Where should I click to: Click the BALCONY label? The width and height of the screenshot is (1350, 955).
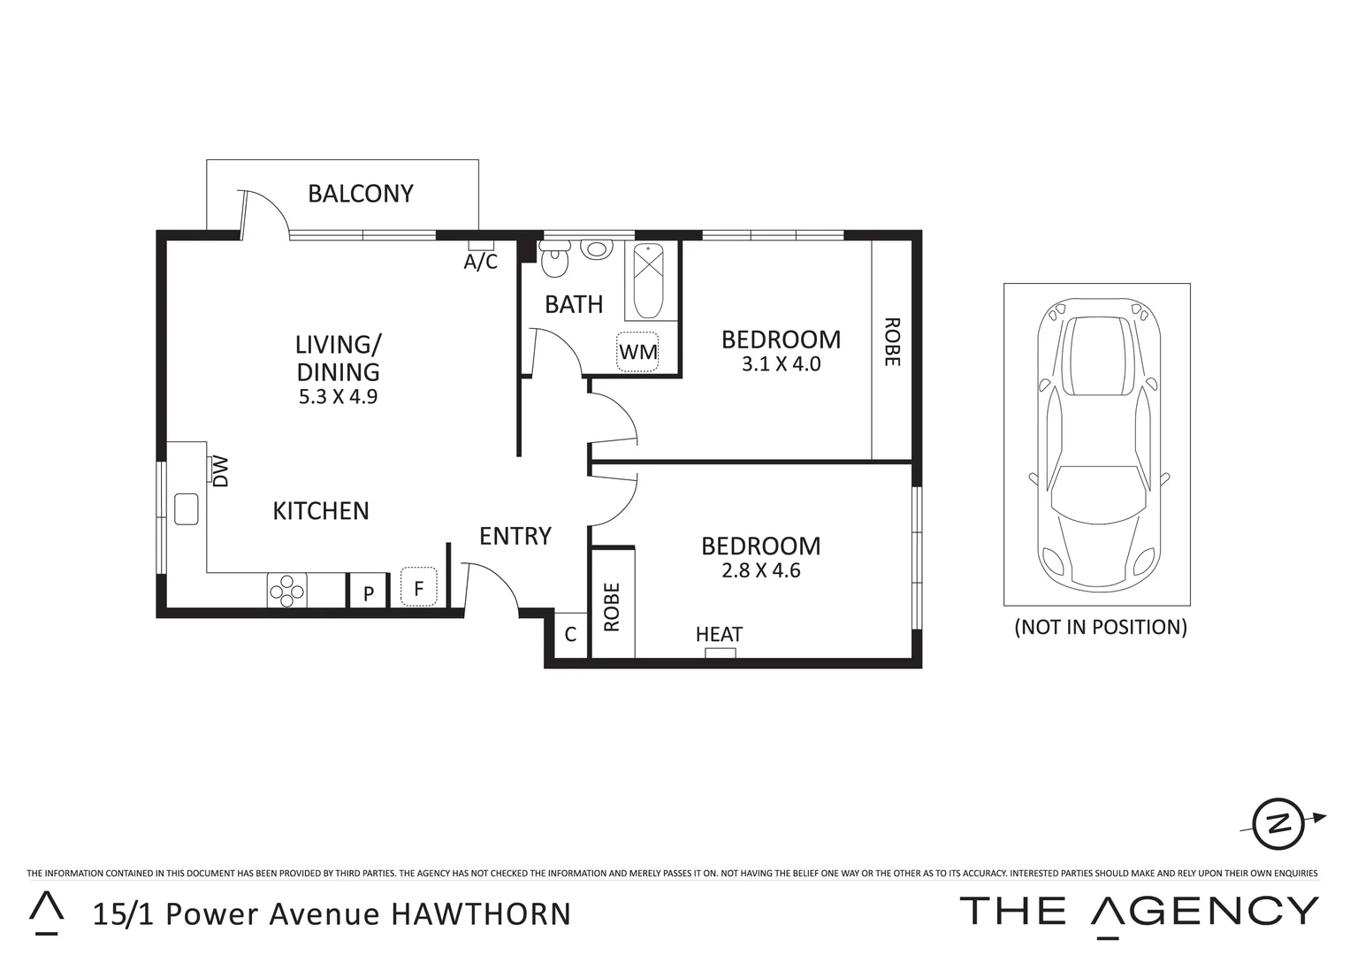click(360, 194)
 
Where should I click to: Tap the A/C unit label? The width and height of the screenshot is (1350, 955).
click(481, 262)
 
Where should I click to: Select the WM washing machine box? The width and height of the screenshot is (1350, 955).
click(638, 352)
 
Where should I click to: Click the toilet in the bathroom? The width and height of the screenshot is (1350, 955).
click(555, 260)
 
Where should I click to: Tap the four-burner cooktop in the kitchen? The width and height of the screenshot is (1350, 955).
click(287, 591)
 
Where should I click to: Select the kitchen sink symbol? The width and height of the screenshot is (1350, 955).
click(187, 508)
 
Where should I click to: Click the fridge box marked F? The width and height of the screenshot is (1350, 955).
click(419, 587)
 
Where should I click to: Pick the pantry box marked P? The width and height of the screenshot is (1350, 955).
click(369, 593)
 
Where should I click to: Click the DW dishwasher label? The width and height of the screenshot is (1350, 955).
click(221, 470)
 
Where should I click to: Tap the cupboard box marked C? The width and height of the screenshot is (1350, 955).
click(570, 634)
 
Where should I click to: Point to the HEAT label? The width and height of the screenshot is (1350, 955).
click(719, 634)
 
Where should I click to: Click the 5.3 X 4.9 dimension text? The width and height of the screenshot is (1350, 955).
click(338, 397)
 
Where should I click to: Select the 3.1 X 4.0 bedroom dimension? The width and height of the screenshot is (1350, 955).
click(781, 364)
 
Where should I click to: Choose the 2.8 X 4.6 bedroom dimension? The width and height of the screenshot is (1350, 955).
click(760, 571)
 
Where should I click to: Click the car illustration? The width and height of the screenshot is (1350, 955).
click(1097, 445)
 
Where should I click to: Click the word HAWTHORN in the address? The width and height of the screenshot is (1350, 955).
click(481, 913)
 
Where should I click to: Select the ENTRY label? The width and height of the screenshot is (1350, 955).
click(515, 536)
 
